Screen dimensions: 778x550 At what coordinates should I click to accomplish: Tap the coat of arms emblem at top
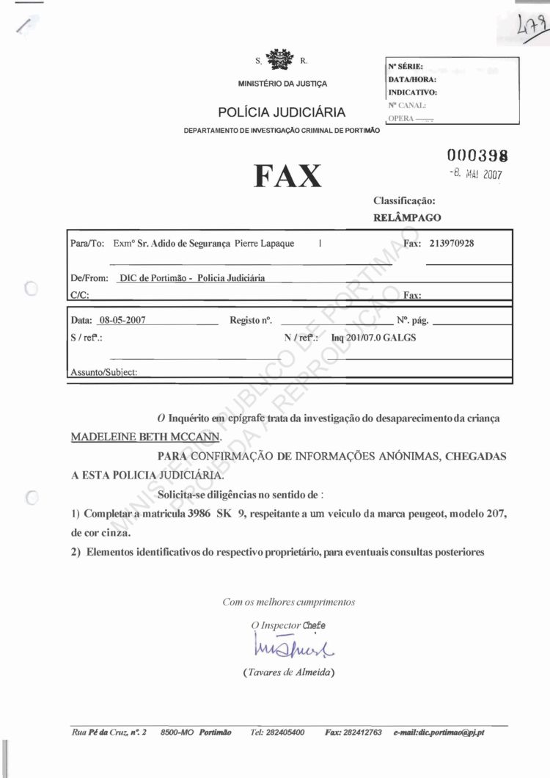pos(278,59)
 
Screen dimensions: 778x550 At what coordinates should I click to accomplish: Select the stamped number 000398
pos(478,156)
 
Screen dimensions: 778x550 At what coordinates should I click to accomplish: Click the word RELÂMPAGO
pos(407,217)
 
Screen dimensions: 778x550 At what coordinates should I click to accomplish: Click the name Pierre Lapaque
pos(265,244)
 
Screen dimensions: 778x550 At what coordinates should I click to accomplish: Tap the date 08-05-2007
pos(122,320)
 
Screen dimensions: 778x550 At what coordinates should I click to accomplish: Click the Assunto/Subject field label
pos(103,372)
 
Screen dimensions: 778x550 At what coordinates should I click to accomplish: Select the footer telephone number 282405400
pos(277,732)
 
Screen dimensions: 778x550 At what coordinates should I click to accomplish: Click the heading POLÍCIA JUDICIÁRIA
pos(282,112)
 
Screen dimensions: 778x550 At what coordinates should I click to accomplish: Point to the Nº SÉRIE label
pos(406,66)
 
